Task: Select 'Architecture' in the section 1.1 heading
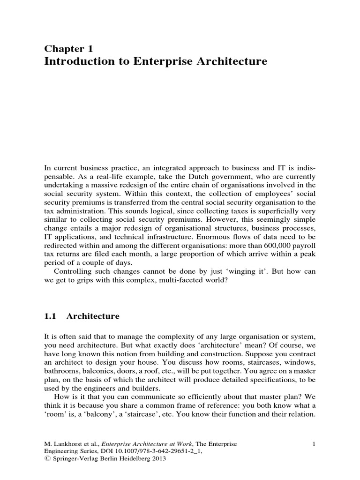click(x=93, y=316)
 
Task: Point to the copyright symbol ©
click(x=45, y=460)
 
